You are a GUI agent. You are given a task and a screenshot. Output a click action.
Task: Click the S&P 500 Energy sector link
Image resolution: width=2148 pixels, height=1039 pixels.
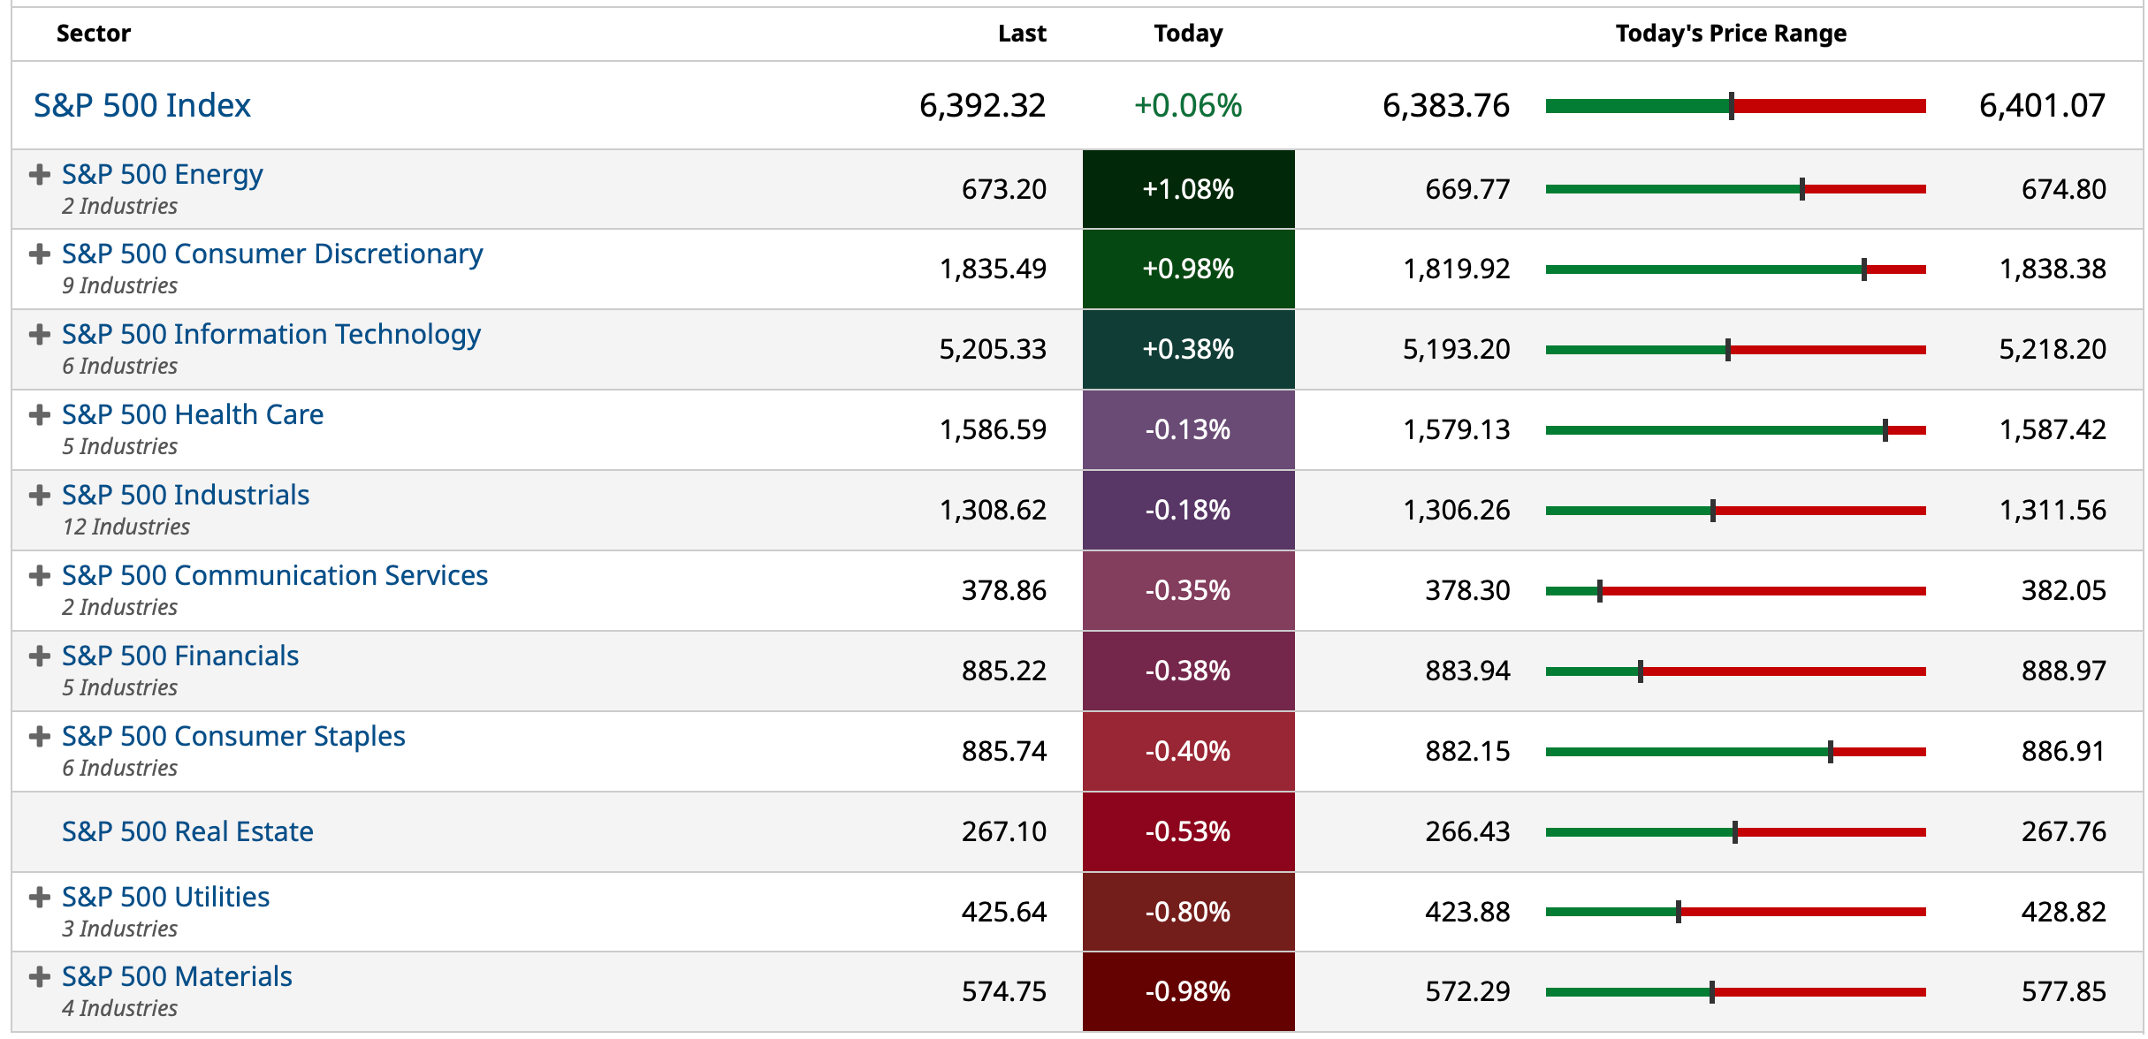tap(162, 174)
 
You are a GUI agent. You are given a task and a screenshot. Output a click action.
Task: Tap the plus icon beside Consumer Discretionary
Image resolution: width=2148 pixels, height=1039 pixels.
tap(39, 254)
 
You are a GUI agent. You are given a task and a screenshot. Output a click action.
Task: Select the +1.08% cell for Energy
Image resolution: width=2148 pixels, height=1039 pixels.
tap(1187, 189)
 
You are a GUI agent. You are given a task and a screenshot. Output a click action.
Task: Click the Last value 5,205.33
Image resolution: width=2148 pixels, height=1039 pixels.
tap(992, 349)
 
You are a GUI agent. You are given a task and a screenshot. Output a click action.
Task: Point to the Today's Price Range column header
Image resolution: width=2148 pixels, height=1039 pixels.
tap(1730, 34)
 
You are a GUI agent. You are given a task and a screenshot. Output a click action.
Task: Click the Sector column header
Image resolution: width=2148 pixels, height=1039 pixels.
tap(93, 34)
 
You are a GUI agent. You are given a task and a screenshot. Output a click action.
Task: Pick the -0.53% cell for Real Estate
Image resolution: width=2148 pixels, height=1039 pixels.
tap(1187, 831)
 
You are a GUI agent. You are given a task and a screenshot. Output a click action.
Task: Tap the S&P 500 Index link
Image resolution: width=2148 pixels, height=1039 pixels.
tap(141, 105)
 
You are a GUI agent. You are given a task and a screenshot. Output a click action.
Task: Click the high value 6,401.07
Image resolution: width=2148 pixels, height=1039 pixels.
tap(2041, 105)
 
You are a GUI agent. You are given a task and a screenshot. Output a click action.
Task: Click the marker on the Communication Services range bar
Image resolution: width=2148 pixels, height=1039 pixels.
tap(1599, 591)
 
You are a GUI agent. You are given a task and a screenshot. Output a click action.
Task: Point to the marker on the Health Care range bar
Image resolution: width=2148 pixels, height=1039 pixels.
tap(1885, 430)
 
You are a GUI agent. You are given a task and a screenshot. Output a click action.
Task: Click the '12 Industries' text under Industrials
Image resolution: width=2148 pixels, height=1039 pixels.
tap(126, 527)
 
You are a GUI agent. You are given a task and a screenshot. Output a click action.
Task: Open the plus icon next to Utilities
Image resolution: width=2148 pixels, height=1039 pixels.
tap(39, 898)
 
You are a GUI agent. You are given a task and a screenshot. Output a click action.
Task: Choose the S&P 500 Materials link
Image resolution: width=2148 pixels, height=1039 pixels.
tap(177, 976)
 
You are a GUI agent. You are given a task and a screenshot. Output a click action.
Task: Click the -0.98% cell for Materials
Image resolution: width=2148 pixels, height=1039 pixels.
tap(1187, 991)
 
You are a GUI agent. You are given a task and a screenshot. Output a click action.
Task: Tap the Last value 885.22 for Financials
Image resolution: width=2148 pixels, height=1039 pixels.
tap(1003, 671)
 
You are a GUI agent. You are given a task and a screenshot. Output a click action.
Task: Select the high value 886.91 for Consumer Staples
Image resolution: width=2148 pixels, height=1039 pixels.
tap(2063, 751)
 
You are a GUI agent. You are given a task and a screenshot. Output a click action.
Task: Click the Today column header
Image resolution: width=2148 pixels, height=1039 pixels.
tap(1187, 34)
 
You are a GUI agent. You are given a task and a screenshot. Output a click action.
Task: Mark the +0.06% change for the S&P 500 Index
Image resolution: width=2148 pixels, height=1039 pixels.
tap(1187, 105)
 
